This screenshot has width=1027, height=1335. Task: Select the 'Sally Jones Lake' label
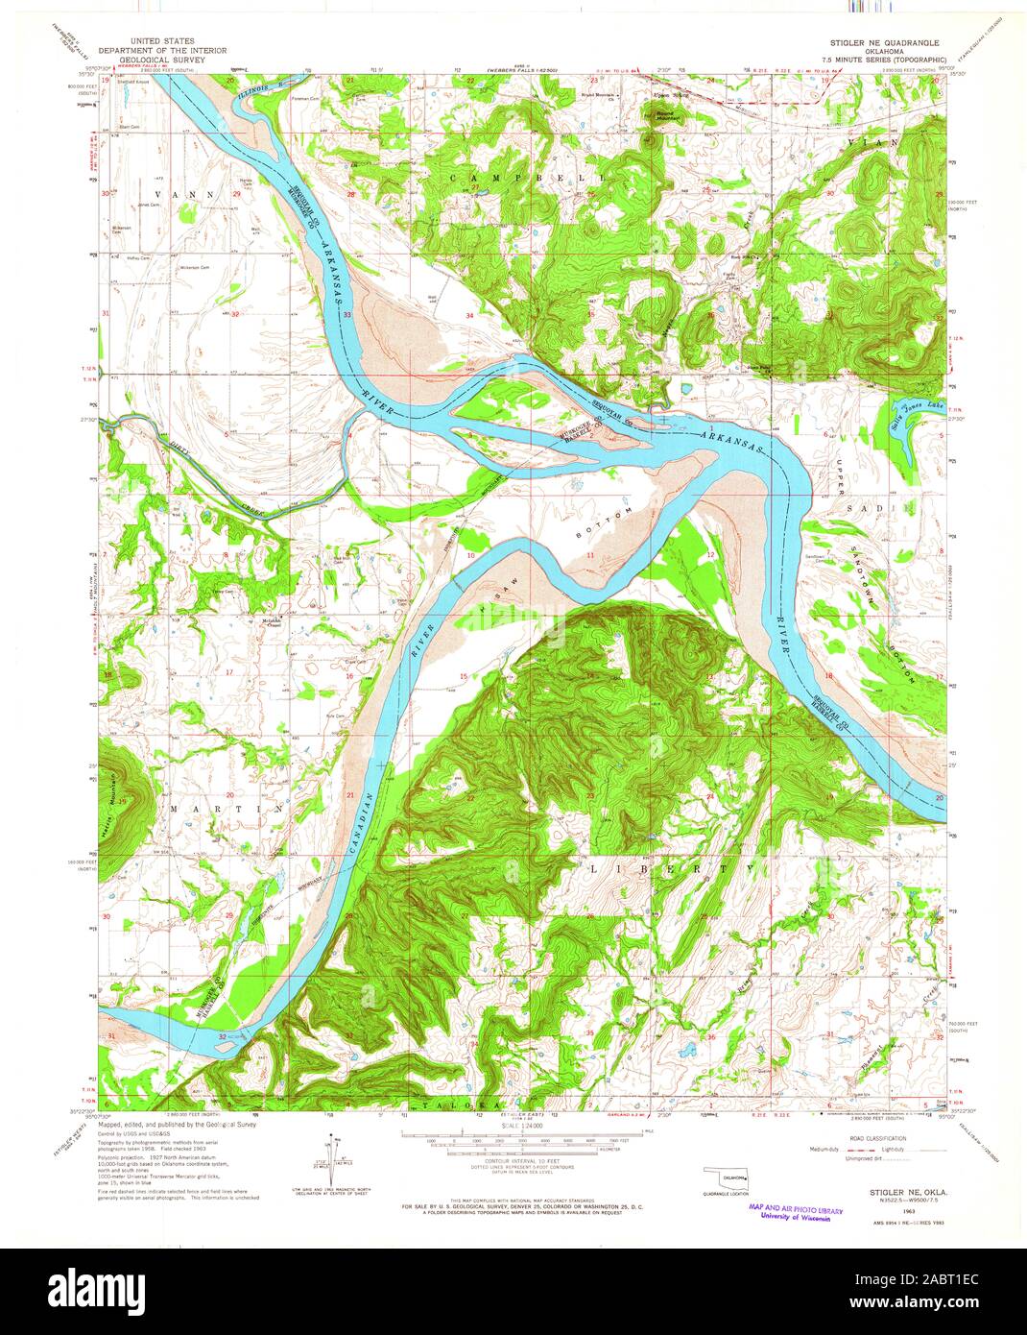click(x=910, y=419)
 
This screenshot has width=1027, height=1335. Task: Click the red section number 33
click(x=347, y=315)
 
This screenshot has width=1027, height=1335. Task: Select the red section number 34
click(x=470, y=315)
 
